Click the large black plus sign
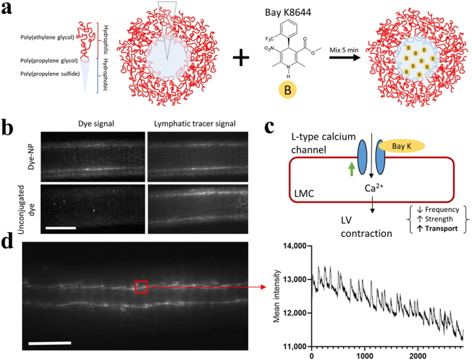(x=241, y=58)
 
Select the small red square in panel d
(x=141, y=286)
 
